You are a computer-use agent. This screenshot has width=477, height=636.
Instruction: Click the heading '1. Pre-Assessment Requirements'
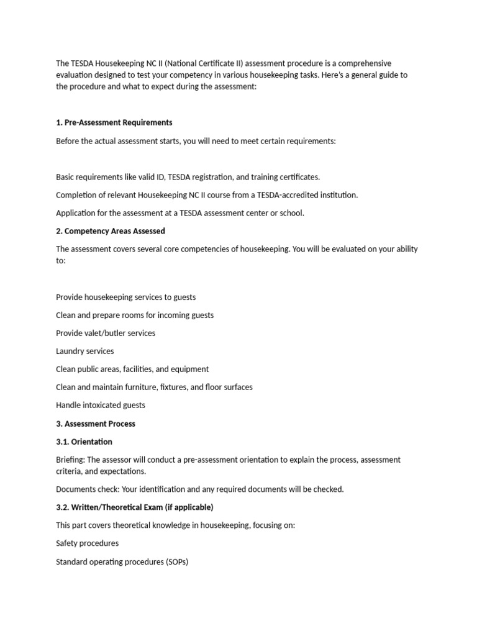pyautogui.click(x=114, y=122)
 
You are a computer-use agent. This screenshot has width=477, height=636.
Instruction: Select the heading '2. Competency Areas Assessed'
pyautogui.click(x=111, y=231)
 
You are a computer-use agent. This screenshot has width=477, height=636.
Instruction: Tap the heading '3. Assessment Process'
pyautogui.click(x=96, y=424)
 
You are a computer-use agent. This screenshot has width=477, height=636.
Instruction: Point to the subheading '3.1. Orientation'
pyautogui.click(x=84, y=442)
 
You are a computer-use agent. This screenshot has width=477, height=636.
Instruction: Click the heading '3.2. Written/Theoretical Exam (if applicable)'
pyautogui.click(x=135, y=507)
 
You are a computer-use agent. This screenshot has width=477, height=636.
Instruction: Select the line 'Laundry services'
pyautogui.click(x=85, y=351)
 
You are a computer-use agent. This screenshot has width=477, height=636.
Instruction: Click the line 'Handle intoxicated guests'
pyautogui.click(x=101, y=405)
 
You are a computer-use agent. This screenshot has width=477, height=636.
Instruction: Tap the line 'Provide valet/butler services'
pyautogui.click(x=106, y=333)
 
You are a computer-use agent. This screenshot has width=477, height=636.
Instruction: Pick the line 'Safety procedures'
pyautogui.click(x=88, y=543)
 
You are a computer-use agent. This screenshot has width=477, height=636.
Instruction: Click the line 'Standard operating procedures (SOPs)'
pyautogui.click(x=122, y=561)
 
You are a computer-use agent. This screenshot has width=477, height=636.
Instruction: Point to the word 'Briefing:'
pyautogui.click(x=70, y=460)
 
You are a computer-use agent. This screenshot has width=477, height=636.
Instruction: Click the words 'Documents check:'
pyautogui.click(x=85, y=489)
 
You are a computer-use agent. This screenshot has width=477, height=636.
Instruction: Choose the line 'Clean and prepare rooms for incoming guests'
pyautogui.click(x=135, y=315)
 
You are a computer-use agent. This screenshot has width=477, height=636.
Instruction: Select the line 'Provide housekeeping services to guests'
pyautogui.click(x=126, y=297)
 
